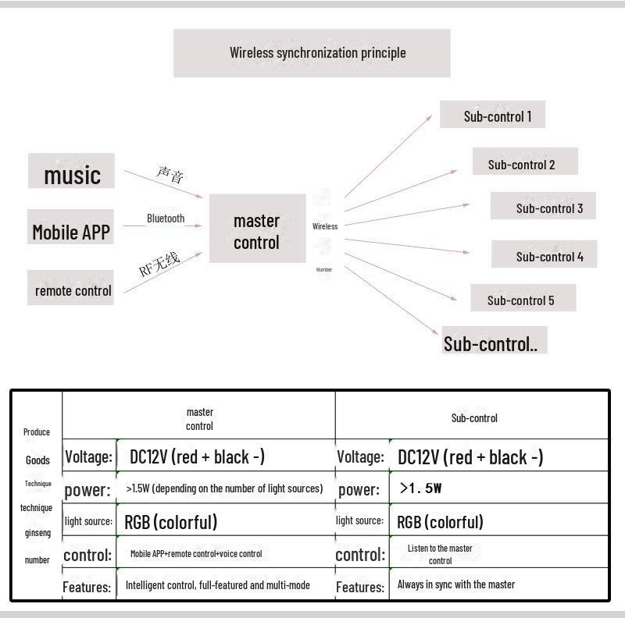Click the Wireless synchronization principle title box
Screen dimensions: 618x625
tap(312, 53)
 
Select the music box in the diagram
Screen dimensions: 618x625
tap(71, 172)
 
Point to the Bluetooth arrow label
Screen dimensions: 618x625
tap(166, 218)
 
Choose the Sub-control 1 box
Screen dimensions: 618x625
tap(493, 115)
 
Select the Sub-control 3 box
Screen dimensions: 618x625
tap(544, 207)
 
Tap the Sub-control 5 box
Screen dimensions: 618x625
tap(523, 299)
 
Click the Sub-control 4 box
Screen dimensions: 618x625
tap(545, 255)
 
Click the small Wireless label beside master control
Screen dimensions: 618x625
tap(325, 226)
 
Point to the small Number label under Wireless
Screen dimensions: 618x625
tap(324, 269)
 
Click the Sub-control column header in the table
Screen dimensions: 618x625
tap(473, 418)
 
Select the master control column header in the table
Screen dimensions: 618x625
tap(199, 419)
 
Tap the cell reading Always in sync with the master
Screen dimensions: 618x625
tap(455, 584)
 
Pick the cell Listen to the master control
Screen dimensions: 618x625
tap(440, 554)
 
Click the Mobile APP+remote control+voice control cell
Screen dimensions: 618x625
tap(196, 554)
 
